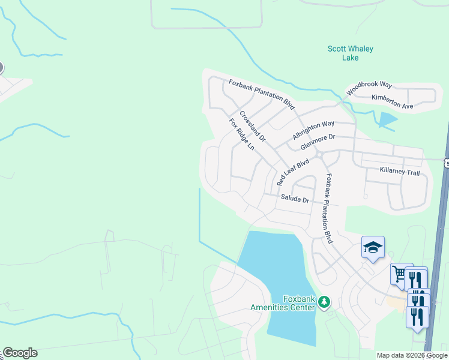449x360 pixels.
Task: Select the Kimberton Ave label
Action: pyautogui.click(x=393, y=101)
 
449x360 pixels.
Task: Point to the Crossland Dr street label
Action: pyautogui.click(x=252, y=126)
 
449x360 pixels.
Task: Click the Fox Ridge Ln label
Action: pyautogui.click(x=242, y=134)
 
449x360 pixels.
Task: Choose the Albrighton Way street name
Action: pyautogui.click(x=313, y=130)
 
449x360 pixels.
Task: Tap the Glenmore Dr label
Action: pyautogui.click(x=318, y=142)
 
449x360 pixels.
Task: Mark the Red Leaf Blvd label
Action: pyautogui.click(x=292, y=172)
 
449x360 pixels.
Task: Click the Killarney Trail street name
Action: pyautogui.click(x=399, y=172)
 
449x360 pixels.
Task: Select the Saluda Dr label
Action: pyautogui.click(x=294, y=199)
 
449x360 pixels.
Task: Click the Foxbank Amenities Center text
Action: pyautogui.click(x=283, y=303)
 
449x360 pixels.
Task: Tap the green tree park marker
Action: pyautogui.click(x=324, y=301)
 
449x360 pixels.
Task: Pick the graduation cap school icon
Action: pyautogui.click(x=372, y=247)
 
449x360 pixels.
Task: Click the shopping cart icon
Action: pyautogui.click(x=399, y=274)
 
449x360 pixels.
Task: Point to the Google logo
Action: pyautogui.click(x=20, y=353)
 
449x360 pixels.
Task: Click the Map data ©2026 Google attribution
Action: pyautogui.click(x=412, y=355)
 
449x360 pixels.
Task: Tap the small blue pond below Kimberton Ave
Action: pyautogui.click(x=387, y=120)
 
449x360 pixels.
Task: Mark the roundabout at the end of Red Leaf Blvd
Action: pyautogui.click(x=319, y=155)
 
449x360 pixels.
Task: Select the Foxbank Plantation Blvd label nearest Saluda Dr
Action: pyautogui.click(x=328, y=208)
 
